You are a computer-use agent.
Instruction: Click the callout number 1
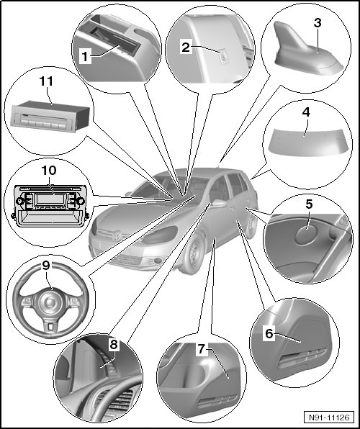point(85,56)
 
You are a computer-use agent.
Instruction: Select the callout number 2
point(186,48)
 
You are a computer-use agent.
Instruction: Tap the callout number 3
point(318,23)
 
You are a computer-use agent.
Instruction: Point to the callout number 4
point(306,112)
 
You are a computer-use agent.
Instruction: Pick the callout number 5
point(309,204)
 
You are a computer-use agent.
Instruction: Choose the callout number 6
point(269,333)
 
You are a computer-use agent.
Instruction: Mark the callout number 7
point(202,349)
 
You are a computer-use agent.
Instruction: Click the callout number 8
point(113,345)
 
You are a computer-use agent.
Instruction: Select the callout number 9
point(46,265)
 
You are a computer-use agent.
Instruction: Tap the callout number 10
point(49,170)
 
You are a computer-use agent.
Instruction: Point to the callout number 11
point(46,81)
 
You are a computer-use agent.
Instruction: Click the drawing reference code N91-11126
point(329,417)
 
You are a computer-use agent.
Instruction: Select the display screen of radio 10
point(50,199)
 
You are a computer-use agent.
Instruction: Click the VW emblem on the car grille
point(117,236)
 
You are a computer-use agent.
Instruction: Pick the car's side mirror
point(220,203)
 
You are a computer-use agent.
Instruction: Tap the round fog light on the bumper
point(158,261)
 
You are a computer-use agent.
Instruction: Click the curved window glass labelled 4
point(306,144)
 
